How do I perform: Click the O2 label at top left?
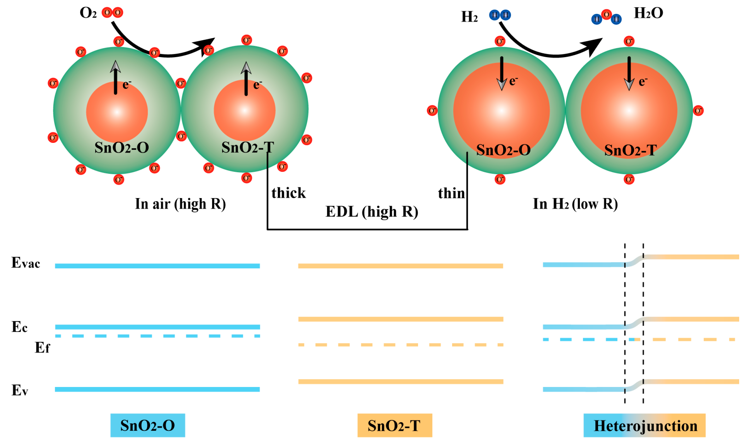(88, 13)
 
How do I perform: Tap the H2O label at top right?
(648, 13)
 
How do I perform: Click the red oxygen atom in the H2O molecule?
(606, 15)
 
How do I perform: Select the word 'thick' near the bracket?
(288, 193)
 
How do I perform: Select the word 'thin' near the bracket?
(451, 193)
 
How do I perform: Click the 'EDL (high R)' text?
(372, 212)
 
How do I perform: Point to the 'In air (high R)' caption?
(180, 204)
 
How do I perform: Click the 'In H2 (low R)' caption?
(575, 204)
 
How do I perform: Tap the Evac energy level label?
(26, 263)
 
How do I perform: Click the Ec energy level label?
(20, 327)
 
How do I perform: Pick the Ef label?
(42, 348)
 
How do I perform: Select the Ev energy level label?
(20, 390)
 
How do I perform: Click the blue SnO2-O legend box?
(148, 425)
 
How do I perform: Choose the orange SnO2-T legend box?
(395, 425)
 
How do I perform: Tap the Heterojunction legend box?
(644, 425)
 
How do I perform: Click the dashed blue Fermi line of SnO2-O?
(157, 336)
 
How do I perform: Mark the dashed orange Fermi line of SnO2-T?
(401, 345)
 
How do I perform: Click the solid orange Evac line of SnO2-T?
(401, 266)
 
